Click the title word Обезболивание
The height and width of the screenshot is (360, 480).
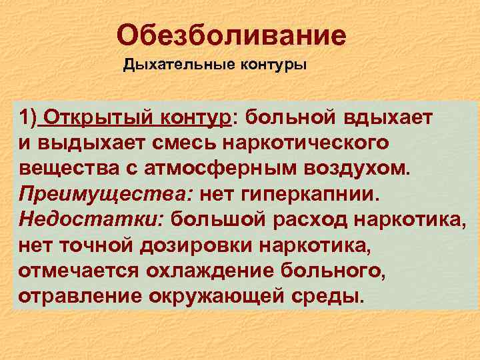(x=231, y=35)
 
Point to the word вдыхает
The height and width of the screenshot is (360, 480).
(x=391, y=119)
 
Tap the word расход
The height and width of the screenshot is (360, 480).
(x=310, y=219)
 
